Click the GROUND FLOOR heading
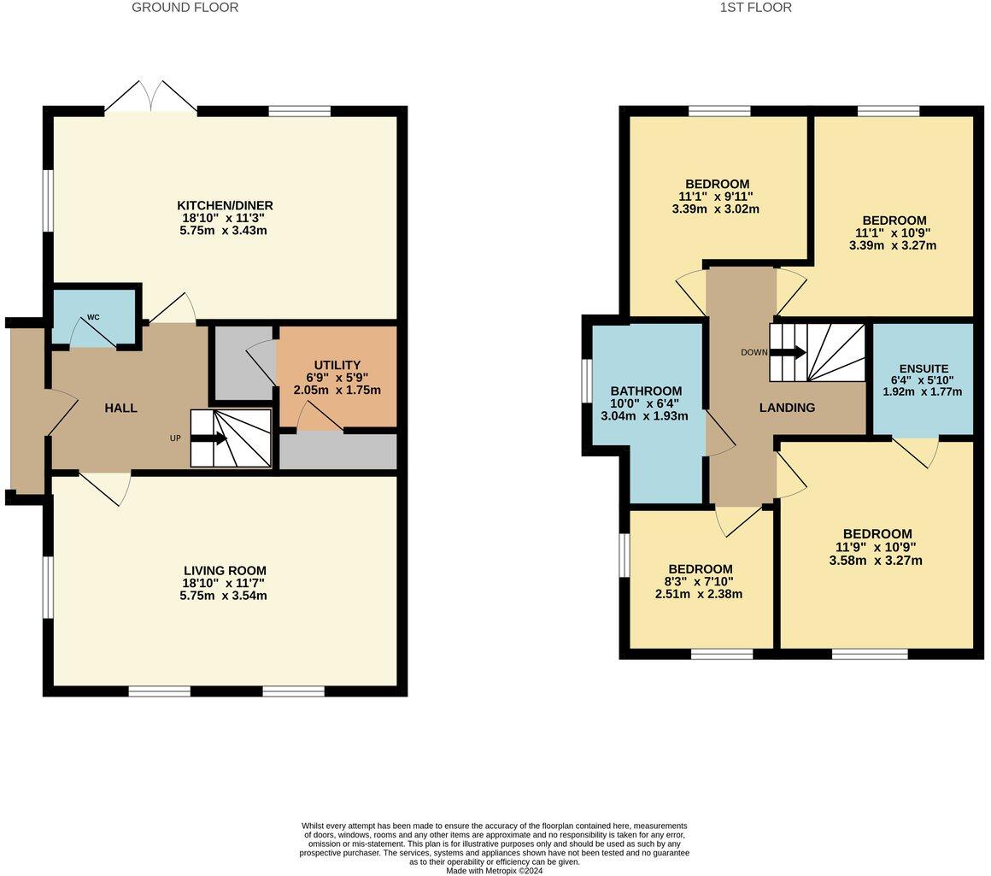coord(185,8)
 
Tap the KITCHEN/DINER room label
coord(225,206)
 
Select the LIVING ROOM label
coord(225,571)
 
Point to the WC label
coord(93,317)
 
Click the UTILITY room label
coord(337,365)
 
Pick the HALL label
coord(120,409)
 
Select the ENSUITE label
coord(923,368)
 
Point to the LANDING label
coord(787,409)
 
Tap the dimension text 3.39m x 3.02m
coord(716,209)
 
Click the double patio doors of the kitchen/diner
coord(151,97)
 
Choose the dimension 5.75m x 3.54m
coord(223,595)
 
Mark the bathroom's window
coord(586,380)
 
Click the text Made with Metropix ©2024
coord(494,871)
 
